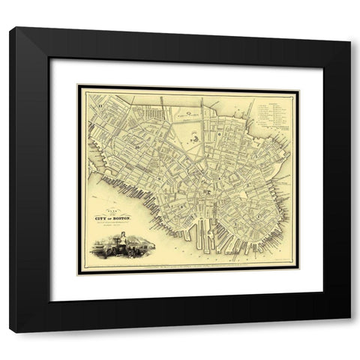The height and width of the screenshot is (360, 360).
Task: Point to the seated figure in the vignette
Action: coord(116,241)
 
